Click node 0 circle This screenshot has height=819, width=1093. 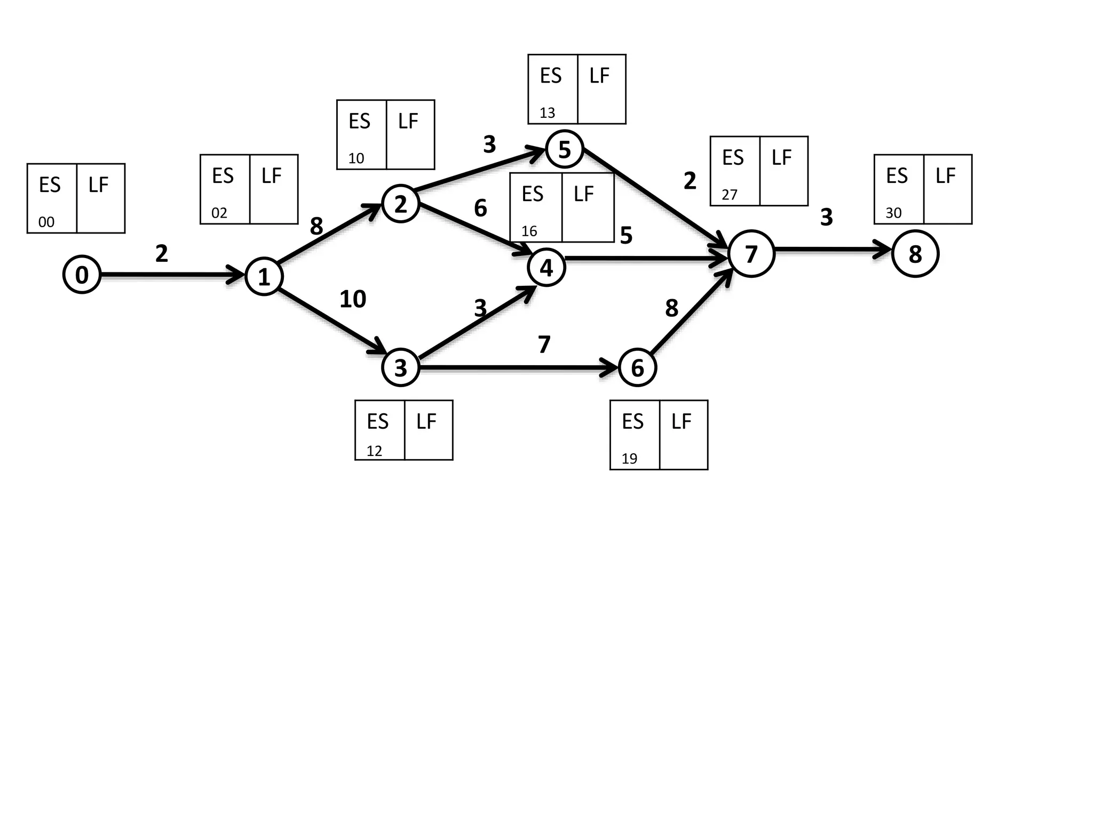82,275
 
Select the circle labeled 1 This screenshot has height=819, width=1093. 264,276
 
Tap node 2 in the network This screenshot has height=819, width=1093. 400,204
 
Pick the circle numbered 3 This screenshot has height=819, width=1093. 400,367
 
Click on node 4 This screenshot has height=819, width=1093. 546,267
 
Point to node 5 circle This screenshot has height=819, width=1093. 564,149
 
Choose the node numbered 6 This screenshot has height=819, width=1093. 637,367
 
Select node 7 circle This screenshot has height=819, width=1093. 751,254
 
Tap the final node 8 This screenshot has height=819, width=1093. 915,254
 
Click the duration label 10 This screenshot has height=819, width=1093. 353,299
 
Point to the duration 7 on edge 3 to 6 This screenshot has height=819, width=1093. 544,344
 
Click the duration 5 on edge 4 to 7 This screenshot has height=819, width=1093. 626,235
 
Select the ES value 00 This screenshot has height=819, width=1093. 46,222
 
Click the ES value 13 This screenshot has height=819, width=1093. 547,113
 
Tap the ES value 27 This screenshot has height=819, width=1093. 729,195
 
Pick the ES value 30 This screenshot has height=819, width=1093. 893,213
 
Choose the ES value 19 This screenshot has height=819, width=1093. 629,459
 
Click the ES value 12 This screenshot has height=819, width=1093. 374,451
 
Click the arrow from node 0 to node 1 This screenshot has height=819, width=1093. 171,275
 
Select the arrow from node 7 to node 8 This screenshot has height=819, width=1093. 833,249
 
